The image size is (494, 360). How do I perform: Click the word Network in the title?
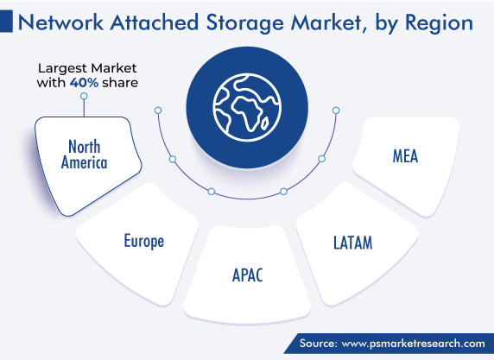click(60, 22)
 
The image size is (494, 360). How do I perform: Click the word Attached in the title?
click(155, 22)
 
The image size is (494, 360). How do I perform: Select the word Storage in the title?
click(245, 23)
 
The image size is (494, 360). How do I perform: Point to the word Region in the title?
click(439, 23)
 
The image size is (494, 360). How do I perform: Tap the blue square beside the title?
click(6, 21)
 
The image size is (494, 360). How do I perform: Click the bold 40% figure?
click(84, 83)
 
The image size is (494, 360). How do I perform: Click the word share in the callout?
click(120, 83)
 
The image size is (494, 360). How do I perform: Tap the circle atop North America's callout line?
click(84, 96)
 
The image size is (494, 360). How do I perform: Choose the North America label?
click(84, 155)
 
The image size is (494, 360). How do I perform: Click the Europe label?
click(144, 241)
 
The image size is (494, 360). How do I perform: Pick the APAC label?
click(247, 275)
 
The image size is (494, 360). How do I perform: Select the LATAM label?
click(353, 243)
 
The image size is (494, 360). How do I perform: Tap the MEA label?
click(405, 156)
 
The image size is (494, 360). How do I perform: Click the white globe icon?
click(247, 107)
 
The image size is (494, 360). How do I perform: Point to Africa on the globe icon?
click(248, 113)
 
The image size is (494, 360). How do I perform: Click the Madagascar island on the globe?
click(265, 123)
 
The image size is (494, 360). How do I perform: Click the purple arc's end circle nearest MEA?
click(336, 111)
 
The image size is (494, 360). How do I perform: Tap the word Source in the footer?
click(319, 343)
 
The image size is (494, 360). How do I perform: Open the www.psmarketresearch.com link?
click(414, 344)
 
